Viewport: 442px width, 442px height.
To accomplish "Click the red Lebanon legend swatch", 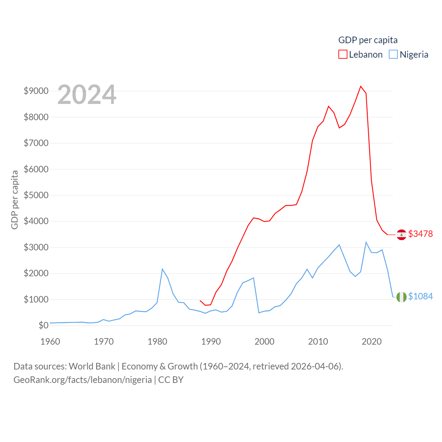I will pyautogui.click(x=343, y=55).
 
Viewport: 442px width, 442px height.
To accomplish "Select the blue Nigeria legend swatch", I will pyautogui.click(x=393, y=55).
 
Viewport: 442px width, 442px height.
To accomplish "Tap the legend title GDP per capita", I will pyautogui.click(x=368, y=40).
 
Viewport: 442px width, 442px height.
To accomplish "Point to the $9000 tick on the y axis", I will pyautogui.click(x=36, y=91).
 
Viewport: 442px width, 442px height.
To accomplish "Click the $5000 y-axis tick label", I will pyautogui.click(x=36, y=195).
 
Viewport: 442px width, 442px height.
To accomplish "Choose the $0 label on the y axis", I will pyautogui.click(x=43, y=325).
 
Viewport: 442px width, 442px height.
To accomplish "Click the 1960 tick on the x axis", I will pyautogui.click(x=50, y=342).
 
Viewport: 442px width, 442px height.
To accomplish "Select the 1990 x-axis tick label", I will pyautogui.click(x=211, y=342).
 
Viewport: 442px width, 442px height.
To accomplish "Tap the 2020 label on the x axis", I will pyautogui.click(x=372, y=342).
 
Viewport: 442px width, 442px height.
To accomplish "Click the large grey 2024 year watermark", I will pyautogui.click(x=87, y=95).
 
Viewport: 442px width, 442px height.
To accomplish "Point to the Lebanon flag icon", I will pyautogui.click(x=401, y=234).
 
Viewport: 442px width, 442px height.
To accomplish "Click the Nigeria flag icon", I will pyautogui.click(x=401, y=297).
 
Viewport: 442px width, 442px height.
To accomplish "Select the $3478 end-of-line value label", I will pyautogui.click(x=420, y=234).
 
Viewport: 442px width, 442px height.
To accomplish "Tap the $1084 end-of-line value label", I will pyautogui.click(x=420, y=296).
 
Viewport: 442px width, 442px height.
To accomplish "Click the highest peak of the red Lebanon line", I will pyautogui.click(x=361, y=86).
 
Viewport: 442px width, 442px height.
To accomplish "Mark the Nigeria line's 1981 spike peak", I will pyautogui.click(x=162, y=269).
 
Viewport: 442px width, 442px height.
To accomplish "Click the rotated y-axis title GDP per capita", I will pyautogui.click(x=15, y=200).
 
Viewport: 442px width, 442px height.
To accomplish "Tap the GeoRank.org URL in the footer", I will pyautogui.click(x=83, y=380).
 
